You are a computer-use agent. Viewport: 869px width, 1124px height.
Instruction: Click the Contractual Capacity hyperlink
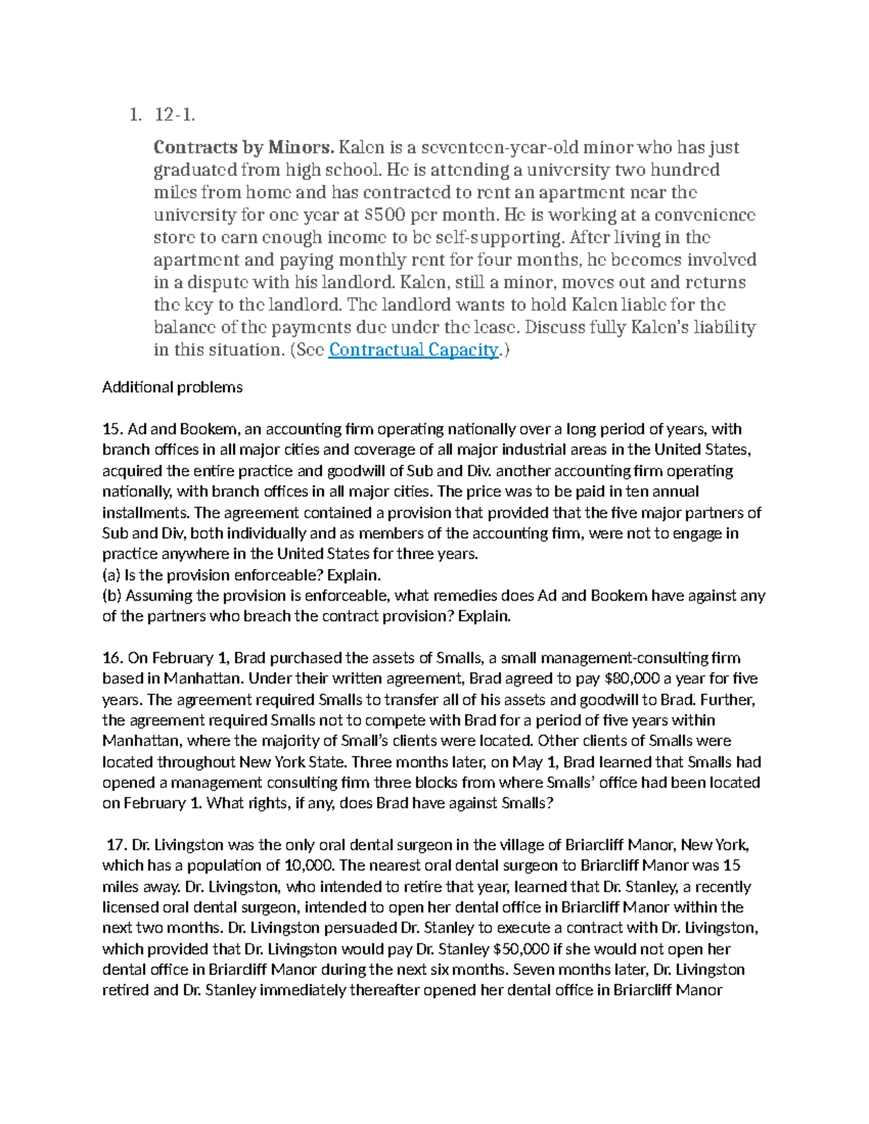[413, 350]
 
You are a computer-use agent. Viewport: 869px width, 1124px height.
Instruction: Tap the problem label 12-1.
[175, 114]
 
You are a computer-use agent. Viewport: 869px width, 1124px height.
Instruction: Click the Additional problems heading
[172, 387]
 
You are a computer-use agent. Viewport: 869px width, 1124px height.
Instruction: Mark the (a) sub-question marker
[112, 575]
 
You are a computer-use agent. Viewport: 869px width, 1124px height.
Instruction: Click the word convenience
[698, 215]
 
